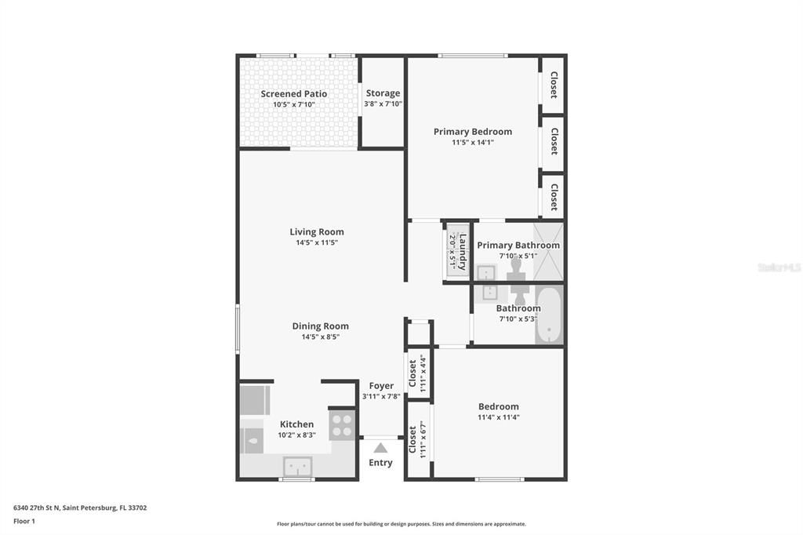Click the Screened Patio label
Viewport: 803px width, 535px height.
[294, 94]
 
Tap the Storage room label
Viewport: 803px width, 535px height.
[383, 93]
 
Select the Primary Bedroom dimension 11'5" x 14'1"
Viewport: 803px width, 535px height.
[472, 143]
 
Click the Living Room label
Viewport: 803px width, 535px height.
[317, 232]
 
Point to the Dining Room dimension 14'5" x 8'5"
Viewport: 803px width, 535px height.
[320, 337]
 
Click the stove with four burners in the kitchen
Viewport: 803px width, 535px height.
[342, 425]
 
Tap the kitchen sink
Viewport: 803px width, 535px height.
[297, 466]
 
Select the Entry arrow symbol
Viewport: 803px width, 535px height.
[380, 448]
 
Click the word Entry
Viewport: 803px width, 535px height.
[380, 463]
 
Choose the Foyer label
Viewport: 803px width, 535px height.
[381, 386]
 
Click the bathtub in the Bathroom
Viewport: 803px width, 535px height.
[549, 315]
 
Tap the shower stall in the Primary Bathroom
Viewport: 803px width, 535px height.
[548, 252]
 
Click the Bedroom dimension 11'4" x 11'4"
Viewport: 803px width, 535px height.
[499, 417]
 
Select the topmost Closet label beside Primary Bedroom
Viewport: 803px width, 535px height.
[553, 85]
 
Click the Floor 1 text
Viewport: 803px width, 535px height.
[24, 521]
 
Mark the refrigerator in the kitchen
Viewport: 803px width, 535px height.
[255, 400]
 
